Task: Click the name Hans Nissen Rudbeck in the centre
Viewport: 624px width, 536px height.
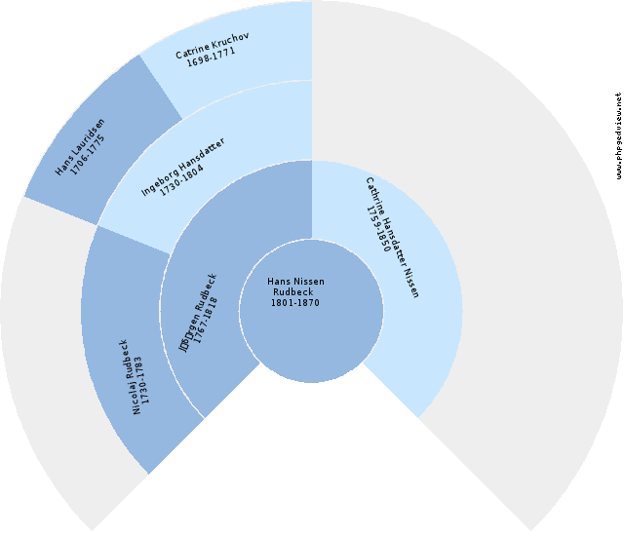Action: click(295, 287)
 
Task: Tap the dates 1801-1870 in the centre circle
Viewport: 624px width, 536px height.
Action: click(295, 302)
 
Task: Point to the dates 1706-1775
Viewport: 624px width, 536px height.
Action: click(94, 155)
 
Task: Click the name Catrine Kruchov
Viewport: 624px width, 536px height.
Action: click(213, 50)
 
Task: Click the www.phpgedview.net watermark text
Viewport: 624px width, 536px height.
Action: click(618, 136)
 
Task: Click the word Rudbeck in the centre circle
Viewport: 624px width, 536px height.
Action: click(293, 292)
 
